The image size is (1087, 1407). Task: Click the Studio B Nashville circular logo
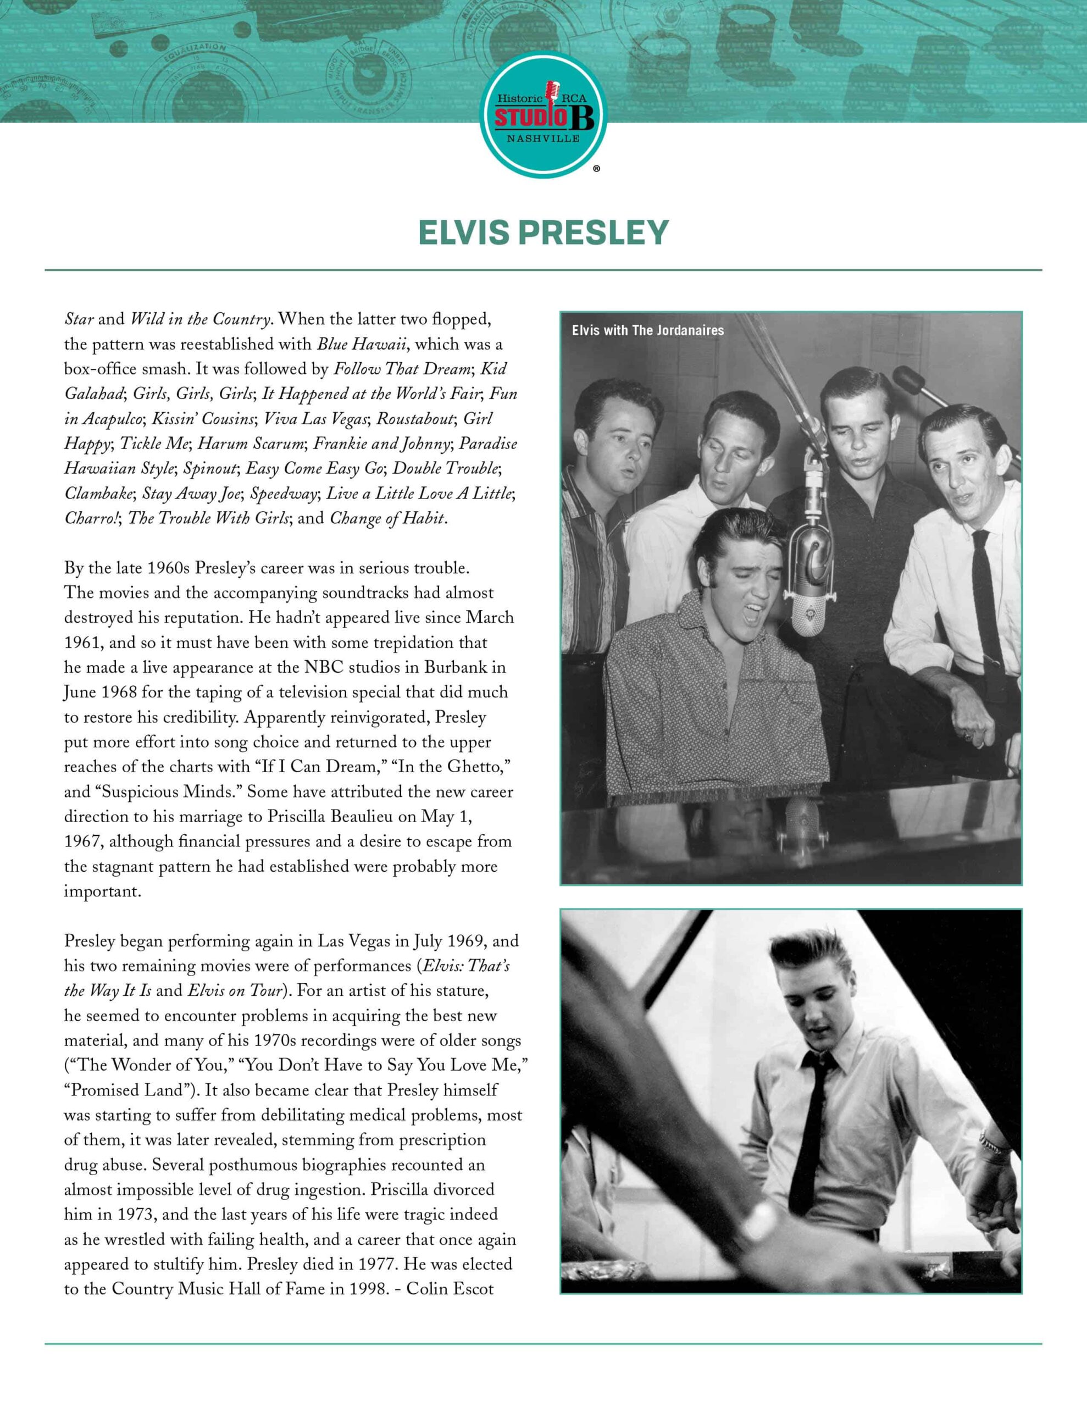(x=543, y=115)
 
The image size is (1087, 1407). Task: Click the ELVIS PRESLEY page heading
(x=543, y=232)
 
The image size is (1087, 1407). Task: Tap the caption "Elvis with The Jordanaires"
(x=647, y=330)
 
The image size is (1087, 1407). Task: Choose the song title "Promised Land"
(x=136, y=1090)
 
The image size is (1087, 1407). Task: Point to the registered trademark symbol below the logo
(x=596, y=169)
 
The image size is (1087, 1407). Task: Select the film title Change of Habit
(x=386, y=519)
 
